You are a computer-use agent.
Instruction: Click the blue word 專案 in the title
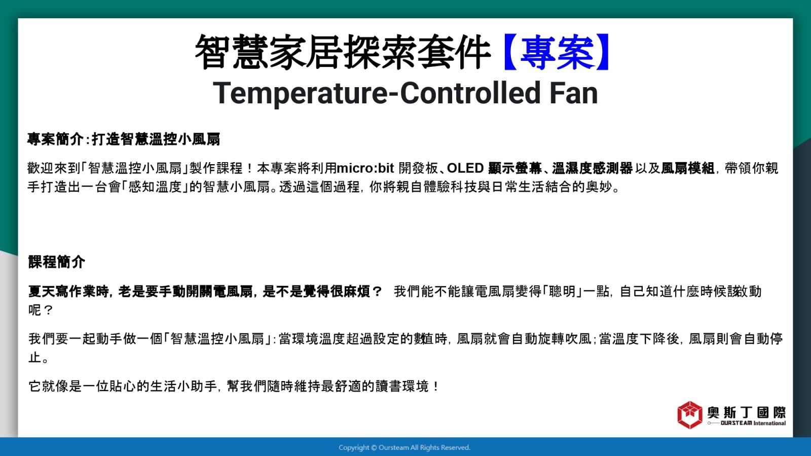click(x=557, y=52)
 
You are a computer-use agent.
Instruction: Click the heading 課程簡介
click(x=56, y=261)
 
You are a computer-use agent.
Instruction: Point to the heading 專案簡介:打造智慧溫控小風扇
click(x=124, y=139)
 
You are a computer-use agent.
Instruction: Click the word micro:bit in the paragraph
click(x=365, y=168)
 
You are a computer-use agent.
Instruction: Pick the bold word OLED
click(x=465, y=168)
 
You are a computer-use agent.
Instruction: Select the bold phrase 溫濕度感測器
click(x=593, y=168)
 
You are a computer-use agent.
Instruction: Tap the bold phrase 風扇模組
click(x=687, y=168)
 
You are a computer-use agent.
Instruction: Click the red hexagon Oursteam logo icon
click(x=690, y=415)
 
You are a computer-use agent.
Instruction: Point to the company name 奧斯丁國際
click(x=746, y=412)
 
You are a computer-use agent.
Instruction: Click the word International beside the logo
click(x=769, y=423)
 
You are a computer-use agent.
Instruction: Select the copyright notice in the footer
click(x=404, y=447)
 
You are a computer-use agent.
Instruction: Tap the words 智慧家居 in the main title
click(x=268, y=52)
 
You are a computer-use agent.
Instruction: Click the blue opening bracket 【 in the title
click(x=510, y=52)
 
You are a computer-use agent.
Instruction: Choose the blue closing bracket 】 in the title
click(x=603, y=52)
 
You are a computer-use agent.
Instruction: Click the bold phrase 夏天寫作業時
click(x=68, y=291)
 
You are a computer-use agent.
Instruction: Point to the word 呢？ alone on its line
click(x=41, y=310)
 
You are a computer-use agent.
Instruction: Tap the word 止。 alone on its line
click(x=39, y=357)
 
